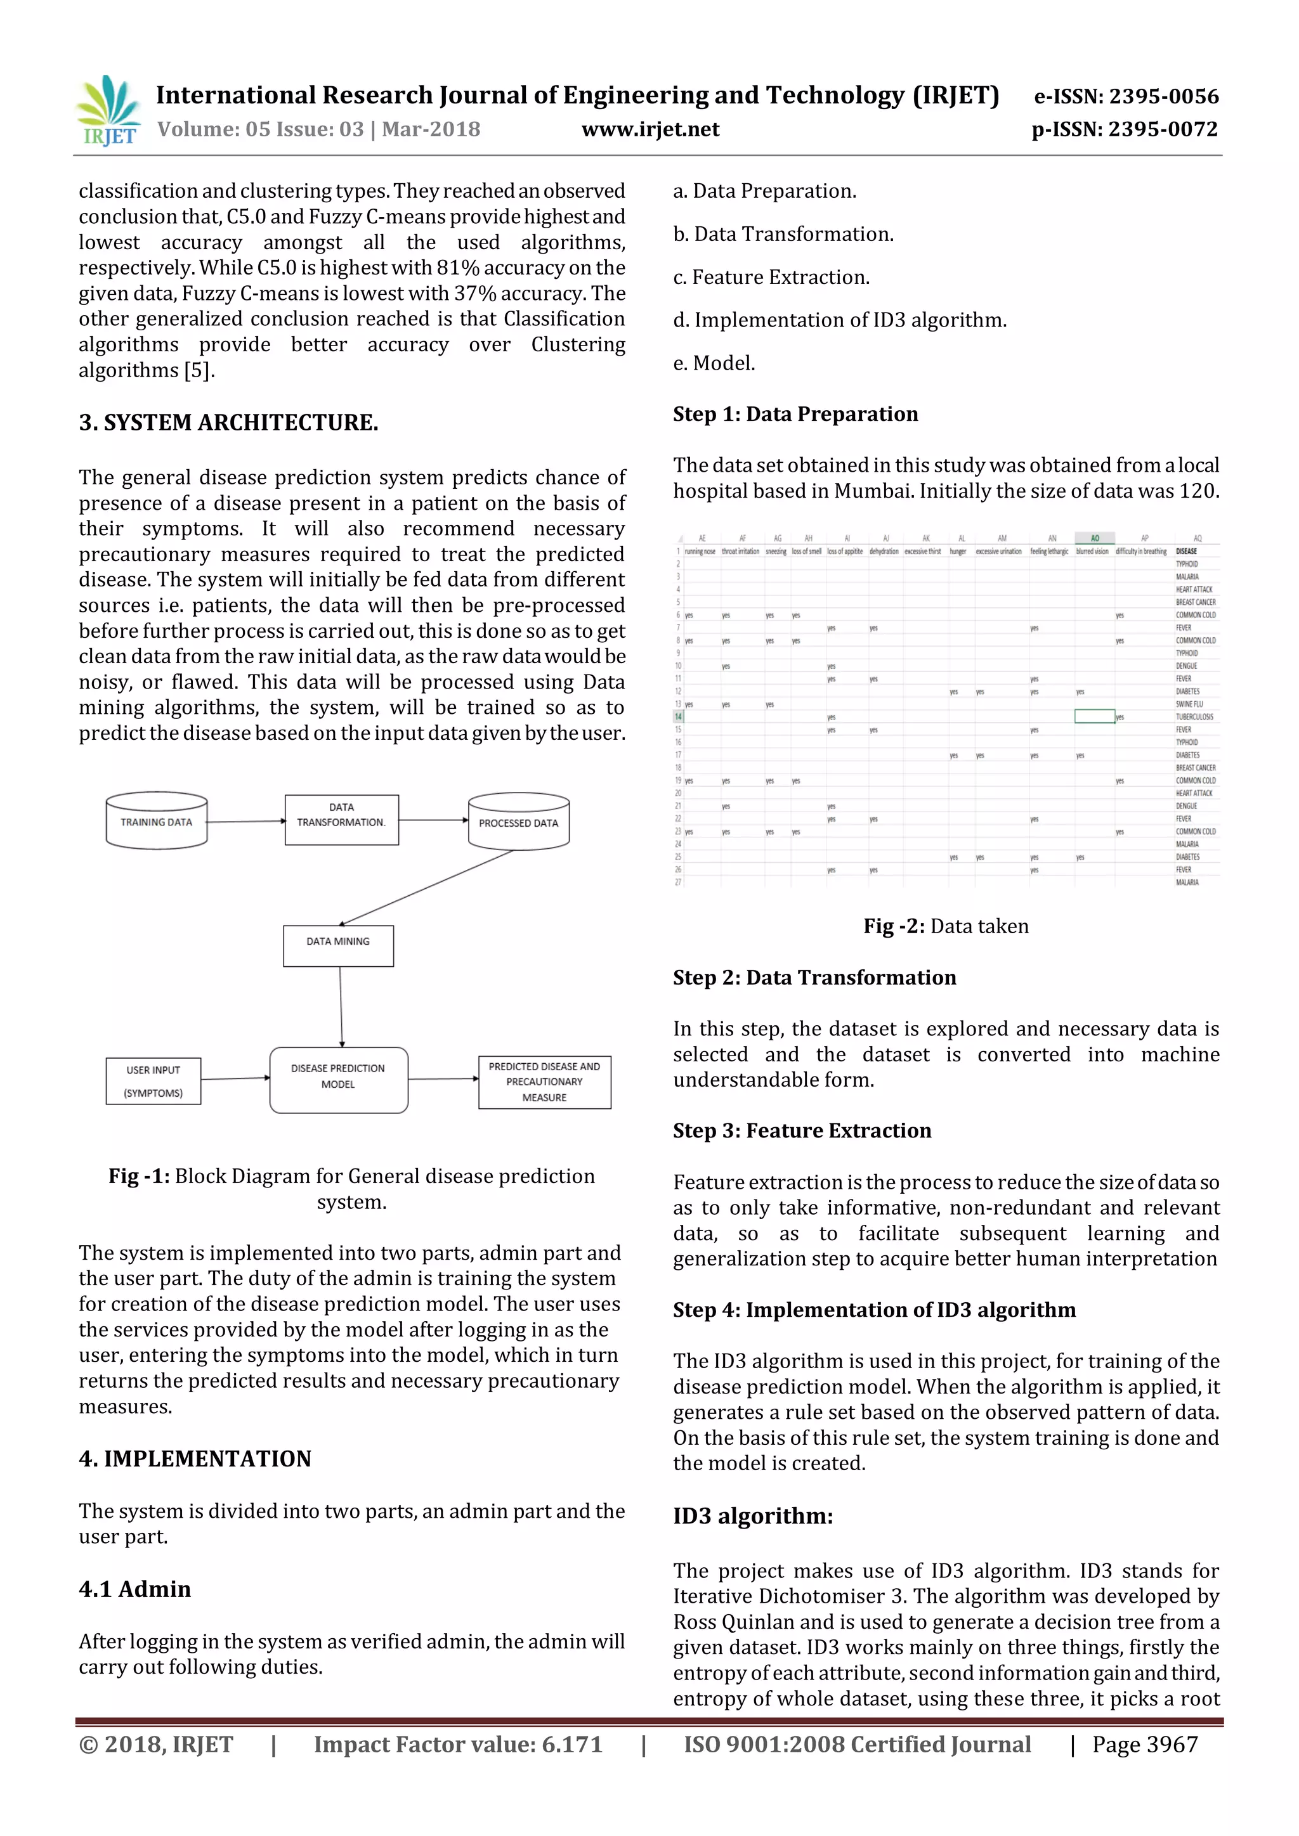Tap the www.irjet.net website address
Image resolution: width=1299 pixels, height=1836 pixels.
point(649,129)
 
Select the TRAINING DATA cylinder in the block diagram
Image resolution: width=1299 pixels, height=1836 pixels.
point(157,820)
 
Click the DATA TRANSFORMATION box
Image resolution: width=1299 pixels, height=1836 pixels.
point(341,820)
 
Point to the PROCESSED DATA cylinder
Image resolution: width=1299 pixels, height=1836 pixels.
point(518,821)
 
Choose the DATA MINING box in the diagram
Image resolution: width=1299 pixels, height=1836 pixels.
point(338,945)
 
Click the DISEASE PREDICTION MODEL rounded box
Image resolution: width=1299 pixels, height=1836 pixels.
point(338,1080)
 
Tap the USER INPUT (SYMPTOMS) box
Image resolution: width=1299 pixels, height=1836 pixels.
point(153,1081)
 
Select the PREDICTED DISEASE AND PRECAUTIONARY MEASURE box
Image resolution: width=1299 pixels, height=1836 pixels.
point(544,1082)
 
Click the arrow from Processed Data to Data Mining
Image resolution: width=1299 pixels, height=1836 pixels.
point(427,888)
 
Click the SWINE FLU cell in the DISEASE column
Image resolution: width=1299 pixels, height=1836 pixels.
point(1189,704)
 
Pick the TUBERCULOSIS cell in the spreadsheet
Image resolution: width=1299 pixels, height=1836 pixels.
point(1194,717)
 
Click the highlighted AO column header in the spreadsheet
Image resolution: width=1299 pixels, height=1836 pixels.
point(1094,538)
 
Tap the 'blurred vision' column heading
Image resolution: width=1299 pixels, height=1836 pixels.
point(1092,551)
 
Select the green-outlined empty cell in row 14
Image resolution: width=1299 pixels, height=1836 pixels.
point(1094,716)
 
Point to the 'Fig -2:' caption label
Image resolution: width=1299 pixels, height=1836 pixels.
point(894,926)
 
